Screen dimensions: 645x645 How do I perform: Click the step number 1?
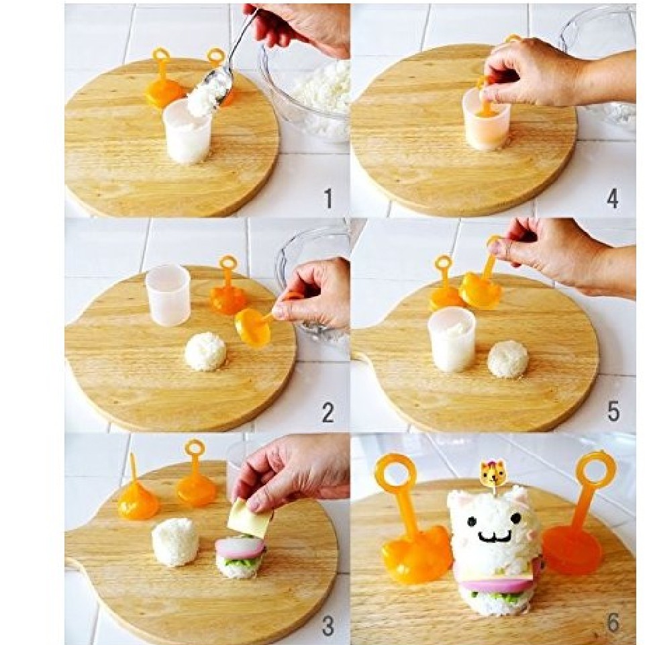coord(328,198)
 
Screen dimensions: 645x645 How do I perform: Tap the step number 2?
coord(328,412)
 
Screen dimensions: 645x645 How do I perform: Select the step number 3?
coord(328,626)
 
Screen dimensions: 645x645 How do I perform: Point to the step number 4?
coord(613,198)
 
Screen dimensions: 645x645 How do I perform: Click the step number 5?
coord(613,411)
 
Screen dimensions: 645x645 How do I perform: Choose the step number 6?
coord(613,624)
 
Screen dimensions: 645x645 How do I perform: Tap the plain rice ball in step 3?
coord(175,542)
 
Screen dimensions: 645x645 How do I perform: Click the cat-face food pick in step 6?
coord(492,473)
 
